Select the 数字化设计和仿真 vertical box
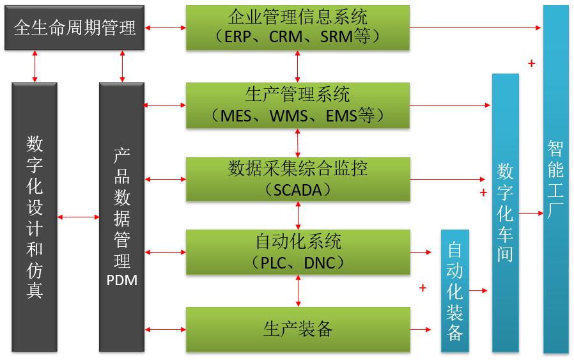(35, 217)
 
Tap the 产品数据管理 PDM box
(121, 217)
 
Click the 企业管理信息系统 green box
(298, 27)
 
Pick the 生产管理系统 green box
(298, 105)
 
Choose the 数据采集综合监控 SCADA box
(298, 179)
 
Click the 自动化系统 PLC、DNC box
(298, 252)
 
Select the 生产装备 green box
(298, 329)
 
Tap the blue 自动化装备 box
(454, 291)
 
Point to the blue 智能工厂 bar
(555, 179)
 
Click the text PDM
(121, 279)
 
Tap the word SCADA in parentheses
(298, 190)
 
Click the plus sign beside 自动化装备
(423, 288)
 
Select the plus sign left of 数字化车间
(483, 192)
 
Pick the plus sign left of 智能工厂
(532, 63)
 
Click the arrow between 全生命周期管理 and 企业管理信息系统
(165, 28)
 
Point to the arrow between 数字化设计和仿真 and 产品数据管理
(78, 217)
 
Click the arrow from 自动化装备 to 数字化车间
(480, 291)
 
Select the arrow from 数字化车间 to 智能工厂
(531, 212)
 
